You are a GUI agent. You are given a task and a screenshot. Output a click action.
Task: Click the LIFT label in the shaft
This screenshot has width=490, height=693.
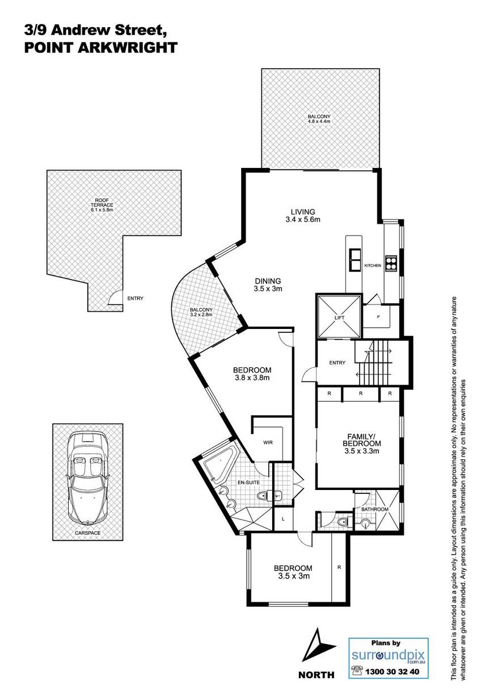(x=339, y=318)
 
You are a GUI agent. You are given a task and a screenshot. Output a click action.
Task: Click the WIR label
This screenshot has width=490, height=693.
(x=268, y=443)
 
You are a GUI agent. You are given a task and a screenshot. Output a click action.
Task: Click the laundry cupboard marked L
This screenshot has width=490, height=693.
(x=283, y=519)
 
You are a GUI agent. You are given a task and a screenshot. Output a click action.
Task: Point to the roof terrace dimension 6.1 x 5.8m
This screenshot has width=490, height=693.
(x=102, y=210)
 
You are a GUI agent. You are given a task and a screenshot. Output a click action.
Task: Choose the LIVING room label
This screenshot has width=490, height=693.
(x=303, y=212)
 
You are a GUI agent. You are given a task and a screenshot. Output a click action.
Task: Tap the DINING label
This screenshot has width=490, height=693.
(x=268, y=281)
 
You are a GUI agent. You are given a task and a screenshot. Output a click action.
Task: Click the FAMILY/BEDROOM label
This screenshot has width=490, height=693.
(x=361, y=440)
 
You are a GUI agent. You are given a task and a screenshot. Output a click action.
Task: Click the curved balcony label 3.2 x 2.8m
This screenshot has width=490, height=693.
(x=201, y=315)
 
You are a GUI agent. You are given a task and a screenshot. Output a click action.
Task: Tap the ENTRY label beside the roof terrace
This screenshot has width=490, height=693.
(x=135, y=298)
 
